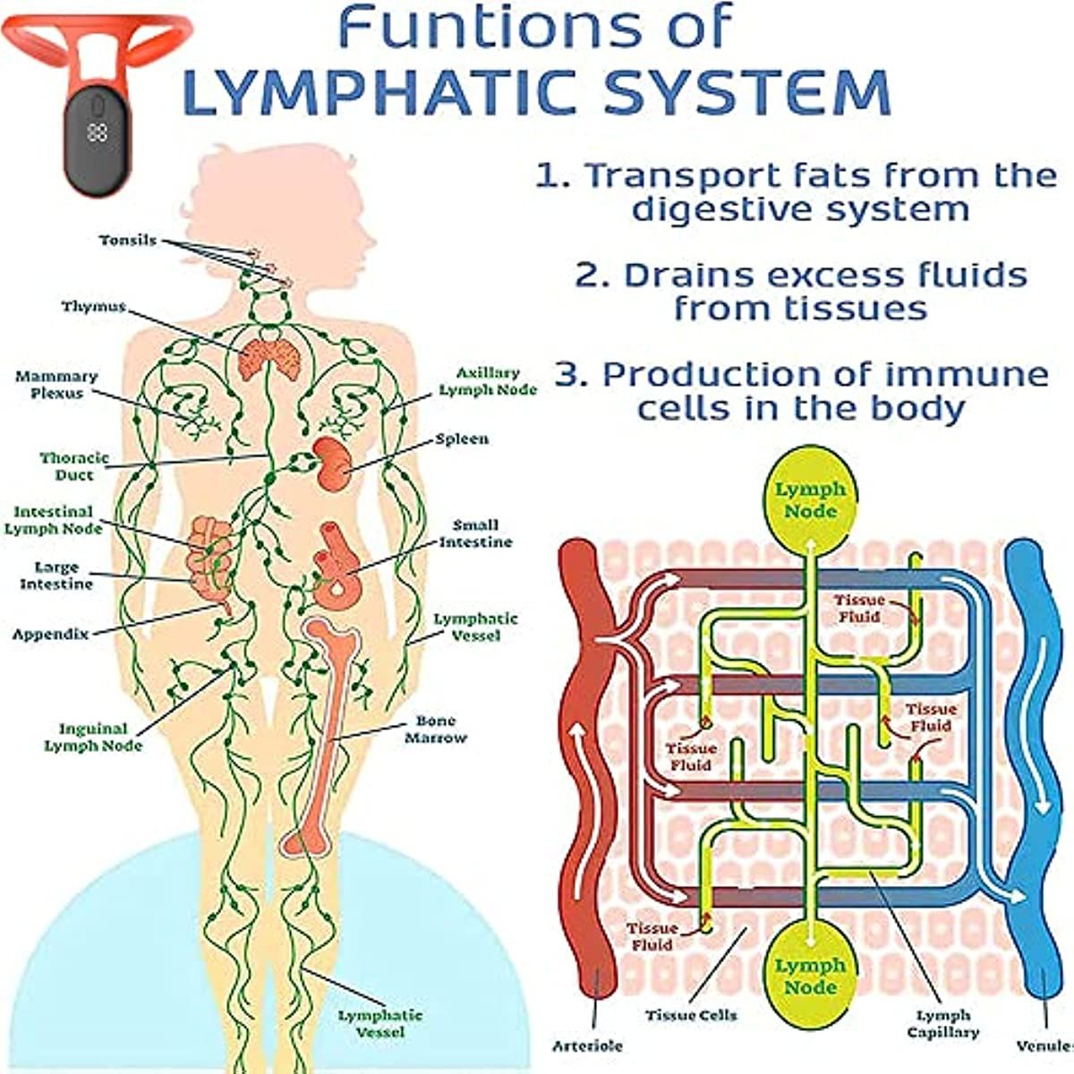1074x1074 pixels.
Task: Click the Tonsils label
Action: click(128, 241)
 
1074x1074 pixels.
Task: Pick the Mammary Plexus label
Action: click(56, 385)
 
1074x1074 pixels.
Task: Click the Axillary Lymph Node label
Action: click(488, 381)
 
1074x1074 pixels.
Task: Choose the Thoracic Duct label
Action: click(74, 466)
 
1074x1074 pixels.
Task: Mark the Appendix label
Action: click(51, 635)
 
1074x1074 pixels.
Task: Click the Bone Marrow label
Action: click(436, 729)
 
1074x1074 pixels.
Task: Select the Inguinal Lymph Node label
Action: click(93, 737)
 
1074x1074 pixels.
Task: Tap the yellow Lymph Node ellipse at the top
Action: click(809, 501)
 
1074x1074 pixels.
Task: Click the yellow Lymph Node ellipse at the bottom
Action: click(810, 976)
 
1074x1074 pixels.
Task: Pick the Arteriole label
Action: click(587, 1045)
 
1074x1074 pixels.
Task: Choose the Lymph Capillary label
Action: click(943, 1024)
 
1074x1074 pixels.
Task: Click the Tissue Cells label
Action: click(692, 1016)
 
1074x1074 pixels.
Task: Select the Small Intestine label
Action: click(475, 533)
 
